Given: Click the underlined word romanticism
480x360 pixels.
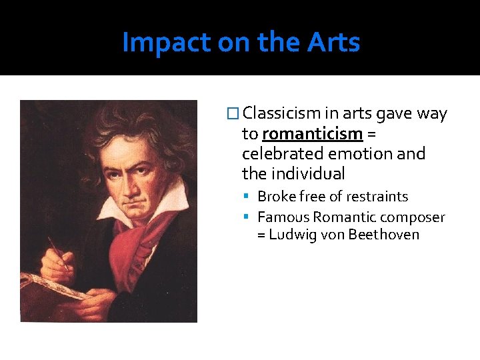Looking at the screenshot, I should (x=312, y=134).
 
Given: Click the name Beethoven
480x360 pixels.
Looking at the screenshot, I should (x=384, y=235).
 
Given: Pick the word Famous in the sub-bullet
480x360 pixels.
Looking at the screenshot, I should (x=283, y=217).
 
